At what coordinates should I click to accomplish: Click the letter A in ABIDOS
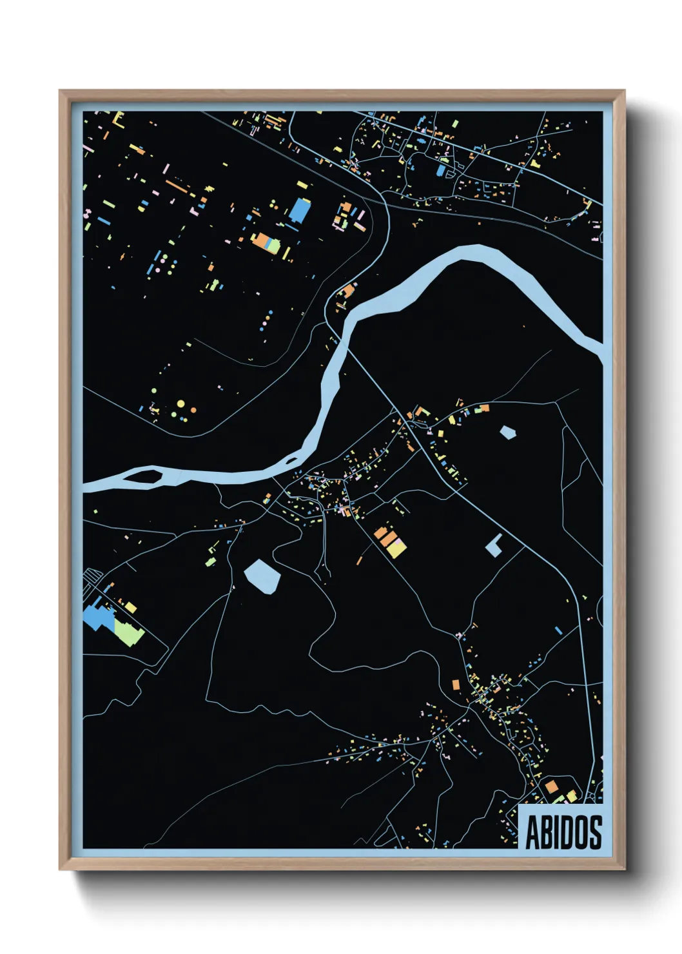pyautogui.click(x=534, y=832)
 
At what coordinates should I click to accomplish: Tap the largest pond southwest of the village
pyautogui.click(x=262, y=576)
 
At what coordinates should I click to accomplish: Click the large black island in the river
pyautogui.click(x=148, y=476)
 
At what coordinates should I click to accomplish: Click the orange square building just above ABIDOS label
pyautogui.click(x=551, y=787)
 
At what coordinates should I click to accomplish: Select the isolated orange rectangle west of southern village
pyautogui.click(x=455, y=684)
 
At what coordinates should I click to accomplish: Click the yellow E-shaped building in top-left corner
pyautogui.click(x=118, y=119)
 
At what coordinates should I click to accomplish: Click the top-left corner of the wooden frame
pyautogui.click(x=61, y=92)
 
